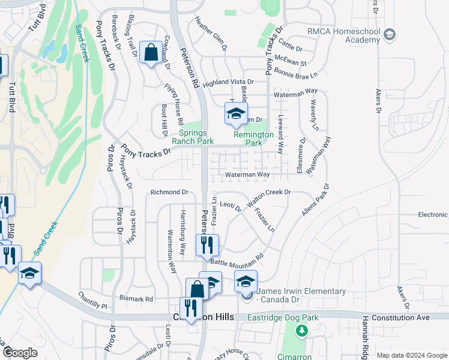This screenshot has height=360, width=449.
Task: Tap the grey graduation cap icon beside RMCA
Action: (390, 34)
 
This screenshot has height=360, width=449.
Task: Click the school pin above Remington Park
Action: (236, 113)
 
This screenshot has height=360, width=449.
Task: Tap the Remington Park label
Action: (253, 139)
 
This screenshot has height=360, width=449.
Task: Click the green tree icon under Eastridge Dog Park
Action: (301, 330)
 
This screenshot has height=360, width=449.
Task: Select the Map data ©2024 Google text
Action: (411, 355)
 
